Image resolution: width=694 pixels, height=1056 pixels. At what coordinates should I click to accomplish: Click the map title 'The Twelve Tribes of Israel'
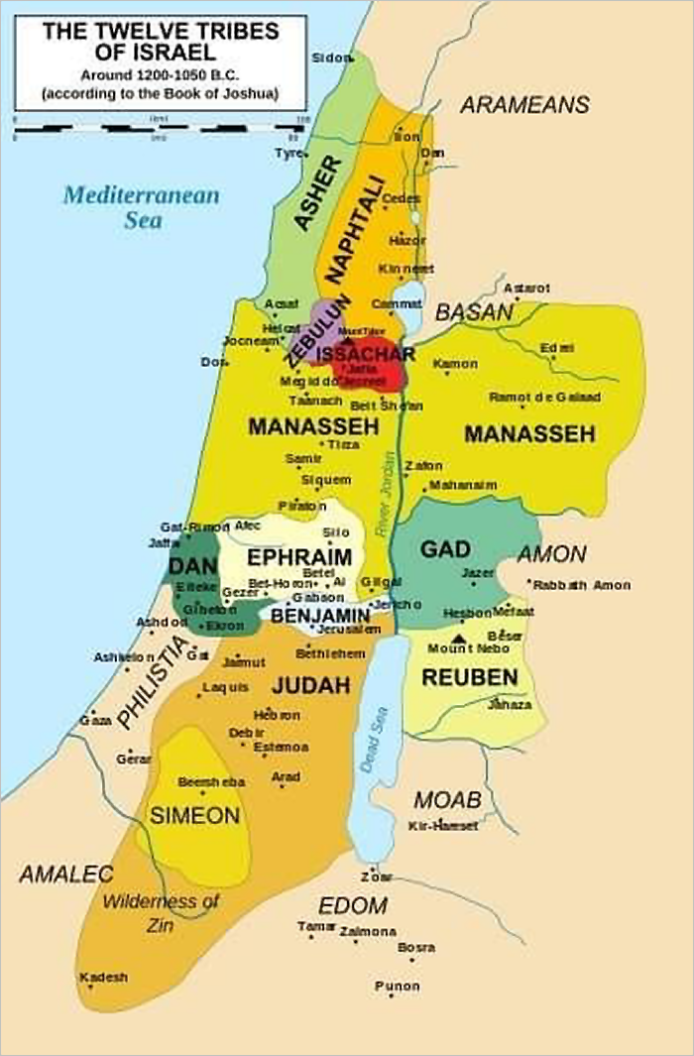coord(159,42)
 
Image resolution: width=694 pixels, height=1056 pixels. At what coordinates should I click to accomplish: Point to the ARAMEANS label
coord(524,105)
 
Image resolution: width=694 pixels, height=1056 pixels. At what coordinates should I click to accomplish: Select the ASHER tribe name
coord(318,193)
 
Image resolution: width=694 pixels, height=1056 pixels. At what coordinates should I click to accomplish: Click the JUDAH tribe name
coord(311,685)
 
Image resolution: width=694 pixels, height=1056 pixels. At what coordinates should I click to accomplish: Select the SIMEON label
coord(194,815)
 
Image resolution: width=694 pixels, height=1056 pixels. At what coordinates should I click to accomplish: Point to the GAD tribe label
coord(445,550)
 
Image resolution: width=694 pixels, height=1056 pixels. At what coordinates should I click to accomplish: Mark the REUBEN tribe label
coord(469,677)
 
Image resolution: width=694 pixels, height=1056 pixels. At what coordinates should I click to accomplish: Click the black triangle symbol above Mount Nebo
coord(457,638)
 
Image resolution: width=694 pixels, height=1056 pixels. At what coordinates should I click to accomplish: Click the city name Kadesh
coord(104,977)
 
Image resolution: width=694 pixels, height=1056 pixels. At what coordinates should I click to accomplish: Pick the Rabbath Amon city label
coord(582,585)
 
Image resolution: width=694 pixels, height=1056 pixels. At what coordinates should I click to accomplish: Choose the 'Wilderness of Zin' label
coord(161,911)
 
